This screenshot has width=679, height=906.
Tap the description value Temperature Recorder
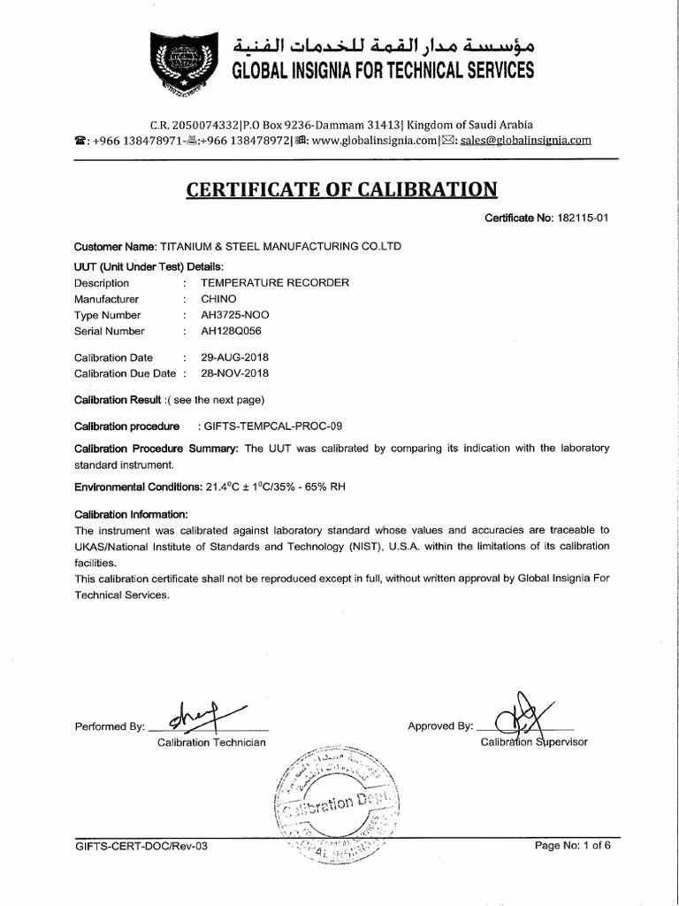275,283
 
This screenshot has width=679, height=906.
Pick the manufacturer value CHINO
218,299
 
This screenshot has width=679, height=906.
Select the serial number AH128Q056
233,331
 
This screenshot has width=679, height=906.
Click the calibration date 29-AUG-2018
235,357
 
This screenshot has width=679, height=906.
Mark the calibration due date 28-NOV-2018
235,373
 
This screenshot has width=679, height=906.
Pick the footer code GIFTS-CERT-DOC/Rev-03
141,846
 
